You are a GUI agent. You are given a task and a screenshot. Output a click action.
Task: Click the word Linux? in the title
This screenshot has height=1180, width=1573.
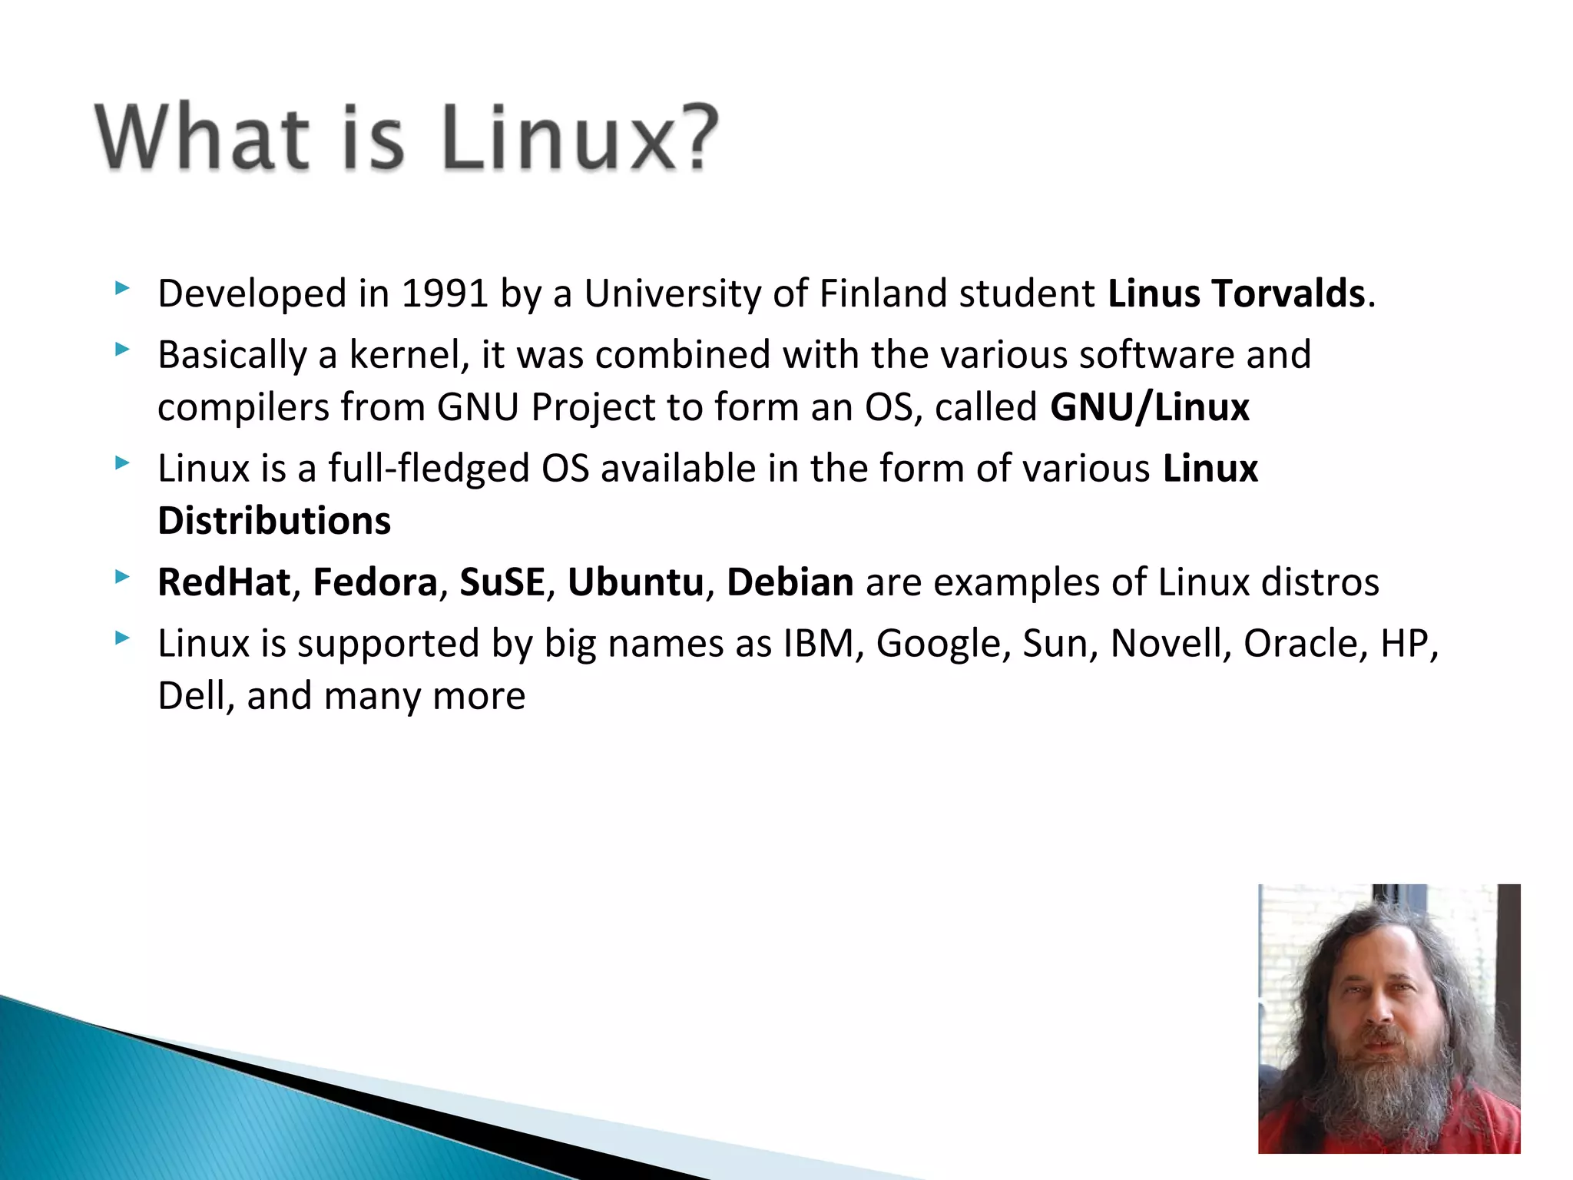coord(580,138)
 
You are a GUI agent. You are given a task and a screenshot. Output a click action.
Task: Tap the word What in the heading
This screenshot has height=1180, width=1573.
coord(201,138)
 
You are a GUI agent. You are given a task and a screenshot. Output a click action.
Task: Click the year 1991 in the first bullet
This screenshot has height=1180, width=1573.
coord(445,293)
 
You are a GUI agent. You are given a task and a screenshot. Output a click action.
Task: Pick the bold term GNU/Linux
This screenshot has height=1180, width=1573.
coord(1150,407)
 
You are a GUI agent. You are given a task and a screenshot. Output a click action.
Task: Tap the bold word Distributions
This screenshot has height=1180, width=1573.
coord(274,521)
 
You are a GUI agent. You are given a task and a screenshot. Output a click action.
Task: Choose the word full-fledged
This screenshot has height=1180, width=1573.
coord(429,469)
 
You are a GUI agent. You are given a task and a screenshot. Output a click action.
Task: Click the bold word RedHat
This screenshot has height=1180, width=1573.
coord(224,582)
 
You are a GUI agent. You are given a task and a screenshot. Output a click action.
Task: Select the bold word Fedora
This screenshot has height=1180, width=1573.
coord(375,582)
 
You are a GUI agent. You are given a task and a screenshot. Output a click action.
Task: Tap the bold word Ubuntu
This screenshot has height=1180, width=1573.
coord(635,582)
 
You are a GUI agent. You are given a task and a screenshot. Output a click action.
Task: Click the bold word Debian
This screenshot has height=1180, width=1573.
coord(790,582)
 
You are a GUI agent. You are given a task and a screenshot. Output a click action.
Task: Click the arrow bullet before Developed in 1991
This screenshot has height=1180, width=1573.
coord(122,290)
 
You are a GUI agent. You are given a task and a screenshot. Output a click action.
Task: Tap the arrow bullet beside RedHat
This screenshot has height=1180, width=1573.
coord(122,577)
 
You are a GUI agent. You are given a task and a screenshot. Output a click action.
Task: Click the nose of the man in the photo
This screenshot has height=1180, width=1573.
coord(1380,1014)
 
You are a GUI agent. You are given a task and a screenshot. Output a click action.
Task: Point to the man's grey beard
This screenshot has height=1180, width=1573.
coord(1383,1091)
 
